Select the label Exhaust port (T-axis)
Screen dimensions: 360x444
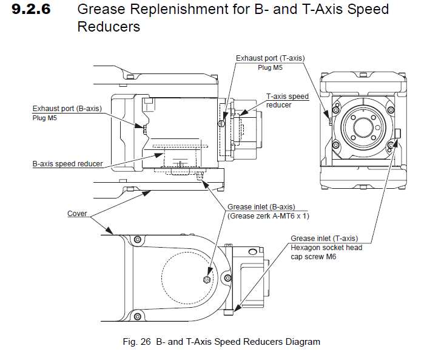point(270,58)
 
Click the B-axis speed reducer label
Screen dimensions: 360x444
point(67,164)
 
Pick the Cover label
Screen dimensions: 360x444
point(77,214)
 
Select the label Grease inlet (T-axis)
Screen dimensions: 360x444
point(324,238)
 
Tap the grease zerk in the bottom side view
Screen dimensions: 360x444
point(207,279)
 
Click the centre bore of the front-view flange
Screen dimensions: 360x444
point(362,127)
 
